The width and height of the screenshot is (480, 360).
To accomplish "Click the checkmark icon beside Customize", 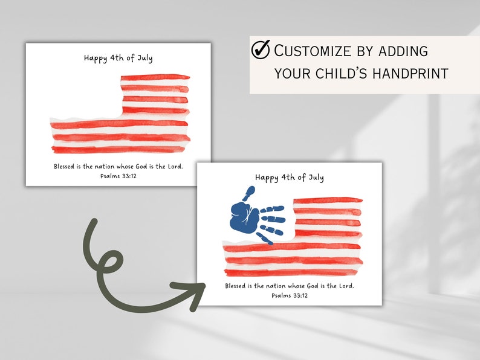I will (261, 51).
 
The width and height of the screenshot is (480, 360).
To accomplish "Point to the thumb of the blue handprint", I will (248, 193).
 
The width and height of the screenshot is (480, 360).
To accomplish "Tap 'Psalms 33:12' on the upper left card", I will (118, 176).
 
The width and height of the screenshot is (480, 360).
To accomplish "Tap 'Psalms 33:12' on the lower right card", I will (290, 295).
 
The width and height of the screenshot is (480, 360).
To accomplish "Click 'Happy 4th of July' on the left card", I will (118, 59).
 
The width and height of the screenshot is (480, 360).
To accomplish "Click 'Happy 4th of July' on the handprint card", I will (290, 178).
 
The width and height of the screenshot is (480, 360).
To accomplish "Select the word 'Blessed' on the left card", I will (66, 166).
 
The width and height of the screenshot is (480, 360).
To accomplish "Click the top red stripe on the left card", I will (155, 77).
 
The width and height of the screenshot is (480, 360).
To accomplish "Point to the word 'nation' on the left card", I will (112, 166).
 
